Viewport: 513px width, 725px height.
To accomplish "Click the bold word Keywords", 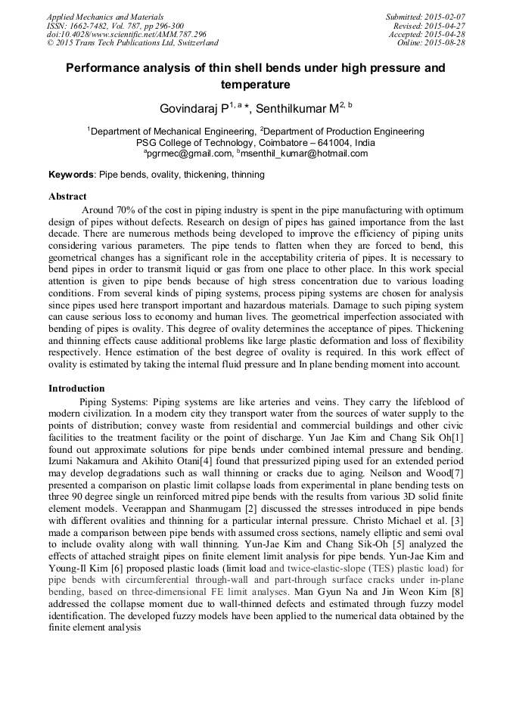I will pyautogui.click(x=71, y=175).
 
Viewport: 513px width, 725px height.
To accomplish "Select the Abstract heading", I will pyautogui.click(x=67, y=197).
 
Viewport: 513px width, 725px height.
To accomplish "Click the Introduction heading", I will pyautogui.click(x=76, y=389).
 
